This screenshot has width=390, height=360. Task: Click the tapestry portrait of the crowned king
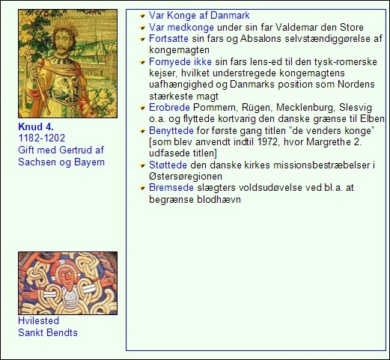68,64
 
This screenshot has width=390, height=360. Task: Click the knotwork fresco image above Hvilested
68,283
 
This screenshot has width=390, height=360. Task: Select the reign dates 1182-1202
42,139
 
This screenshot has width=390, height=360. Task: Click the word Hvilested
39,321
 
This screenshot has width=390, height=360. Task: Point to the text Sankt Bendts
47,332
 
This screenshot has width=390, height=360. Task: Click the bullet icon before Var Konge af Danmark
141,16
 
